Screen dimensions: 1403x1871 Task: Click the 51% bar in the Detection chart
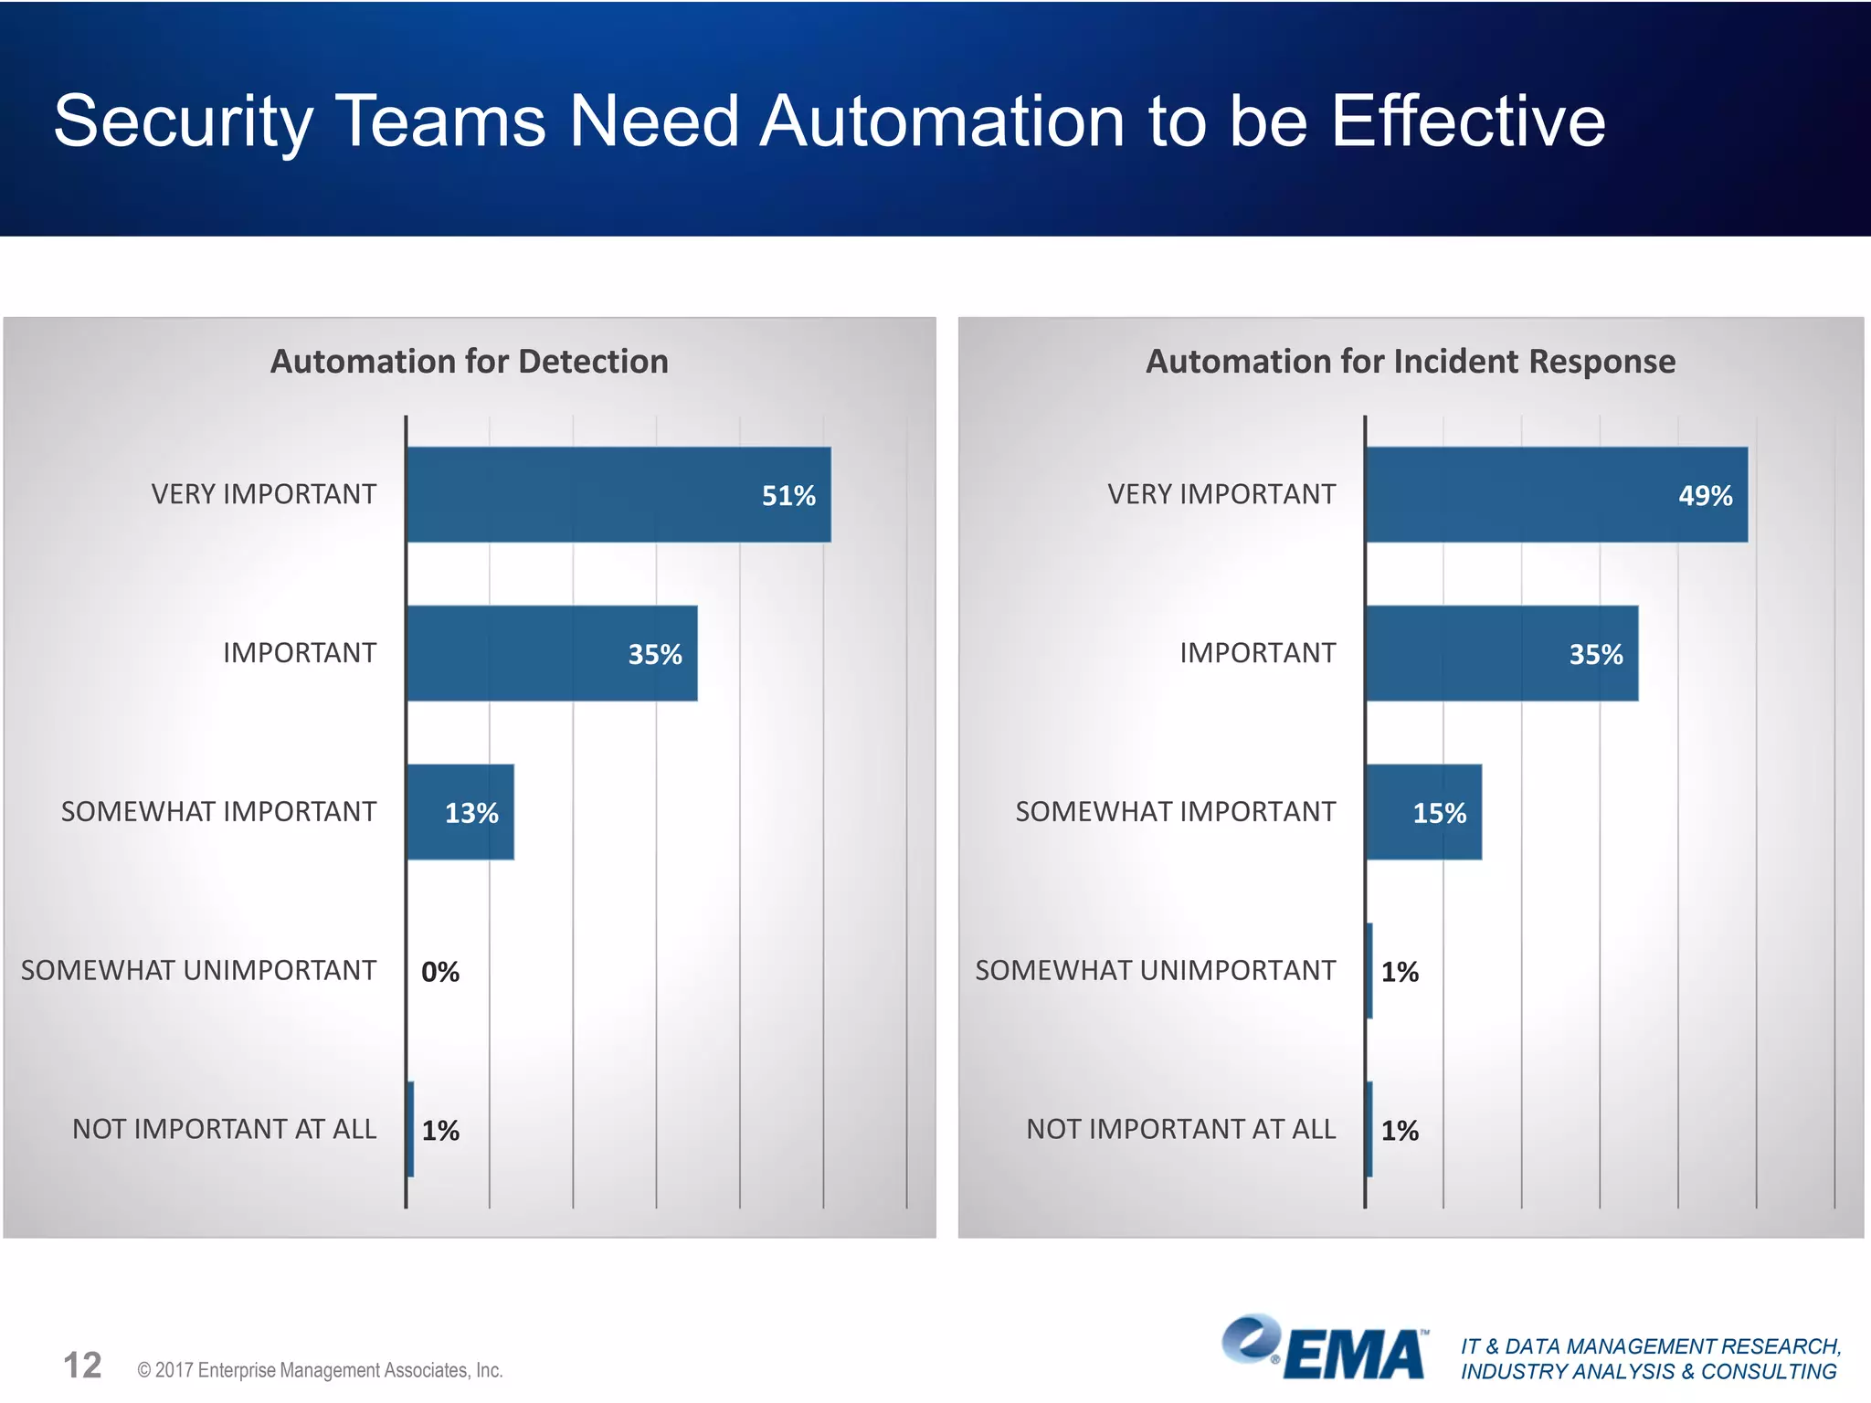click(618, 494)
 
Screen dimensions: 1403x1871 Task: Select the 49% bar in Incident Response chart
click(1556, 494)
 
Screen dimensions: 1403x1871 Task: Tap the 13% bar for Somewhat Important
click(460, 812)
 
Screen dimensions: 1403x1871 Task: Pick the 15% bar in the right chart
click(1423, 812)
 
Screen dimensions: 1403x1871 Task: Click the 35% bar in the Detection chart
click(552, 653)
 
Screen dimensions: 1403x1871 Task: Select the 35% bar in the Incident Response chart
click(1502, 653)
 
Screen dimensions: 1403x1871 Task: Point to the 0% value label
click(440, 972)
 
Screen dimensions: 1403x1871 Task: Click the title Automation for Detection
click(469, 362)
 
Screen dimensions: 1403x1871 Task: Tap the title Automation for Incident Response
click(1410, 362)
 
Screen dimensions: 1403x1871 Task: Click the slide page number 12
click(82, 1366)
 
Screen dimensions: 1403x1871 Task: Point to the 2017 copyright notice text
click(320, 1370)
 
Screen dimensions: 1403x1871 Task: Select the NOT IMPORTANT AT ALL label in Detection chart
click(224, 1129)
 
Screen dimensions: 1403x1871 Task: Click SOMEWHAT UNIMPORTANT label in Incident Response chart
click(1155, 970)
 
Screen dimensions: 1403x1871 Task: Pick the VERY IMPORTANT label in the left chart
click(263, 494)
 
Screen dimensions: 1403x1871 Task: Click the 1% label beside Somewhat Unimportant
click(1400, 972)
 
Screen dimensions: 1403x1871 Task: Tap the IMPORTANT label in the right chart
click(1257, 653)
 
